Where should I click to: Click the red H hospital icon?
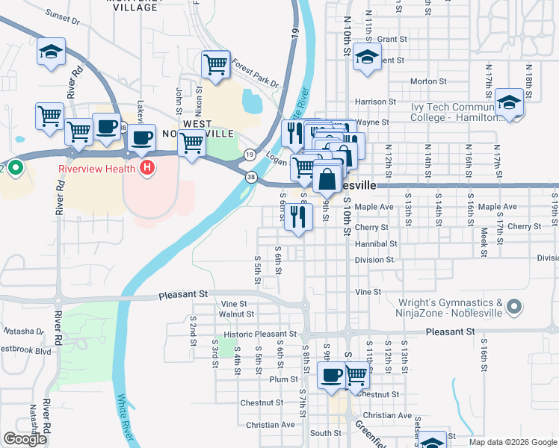click(148, 167)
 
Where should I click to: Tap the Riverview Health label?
click(96, 168)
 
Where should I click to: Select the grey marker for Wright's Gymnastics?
click(513, 307)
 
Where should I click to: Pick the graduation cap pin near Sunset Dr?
click(52, 52)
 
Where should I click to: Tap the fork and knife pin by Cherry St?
click(298, 217)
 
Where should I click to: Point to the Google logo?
click(25, 439)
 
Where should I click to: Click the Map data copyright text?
click(513, 442)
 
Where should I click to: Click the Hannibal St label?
click(376, 243)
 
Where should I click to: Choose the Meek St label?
click(484, 243)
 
